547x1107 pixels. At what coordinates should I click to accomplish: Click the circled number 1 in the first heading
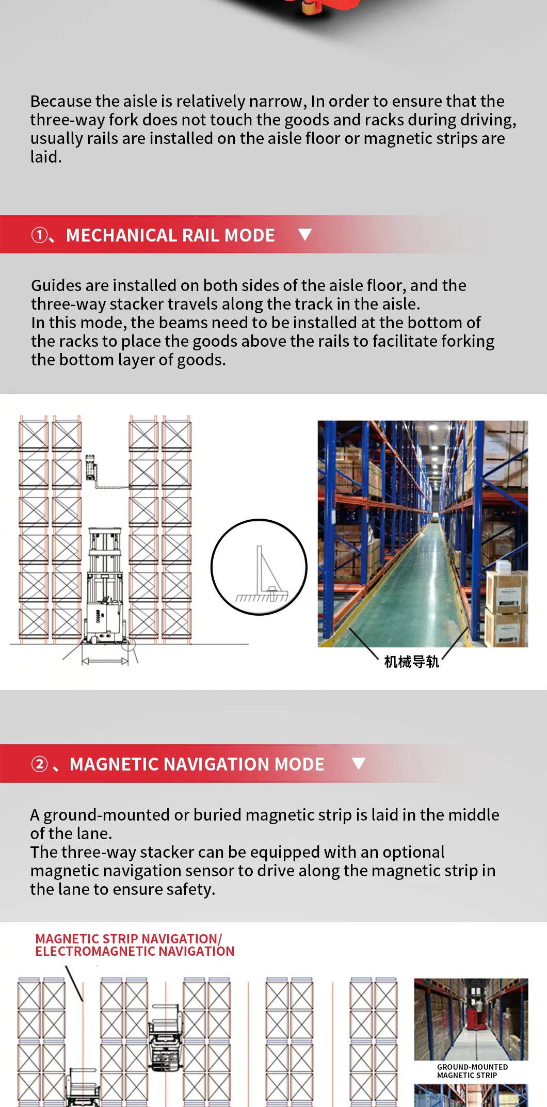pos(39,235)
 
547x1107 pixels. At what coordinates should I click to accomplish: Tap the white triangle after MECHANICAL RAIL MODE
pos(305,235)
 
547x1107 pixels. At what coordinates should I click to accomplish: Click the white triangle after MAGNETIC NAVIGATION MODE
pos(358,763)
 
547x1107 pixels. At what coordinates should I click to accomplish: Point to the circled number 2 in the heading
pos(39,764)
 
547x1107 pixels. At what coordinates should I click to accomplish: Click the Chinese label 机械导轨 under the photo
pos(411,662)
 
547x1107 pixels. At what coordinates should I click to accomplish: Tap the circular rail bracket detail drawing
pos(259,567)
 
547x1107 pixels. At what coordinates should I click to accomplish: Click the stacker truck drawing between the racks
pos(105,588)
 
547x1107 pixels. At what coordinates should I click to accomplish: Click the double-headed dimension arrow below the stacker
pos(105,661)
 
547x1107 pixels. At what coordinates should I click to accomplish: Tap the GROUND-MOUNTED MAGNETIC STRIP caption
pos(472,1071)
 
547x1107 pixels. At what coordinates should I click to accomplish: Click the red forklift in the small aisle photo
pos(474,1014)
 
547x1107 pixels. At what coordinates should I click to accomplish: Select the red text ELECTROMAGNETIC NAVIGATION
pos(135,951)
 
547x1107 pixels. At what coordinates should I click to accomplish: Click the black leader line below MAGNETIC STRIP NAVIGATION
pos(74,984)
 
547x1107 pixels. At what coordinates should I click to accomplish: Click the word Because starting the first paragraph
pos(61,101)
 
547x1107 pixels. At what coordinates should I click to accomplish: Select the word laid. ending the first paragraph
pos(45,157)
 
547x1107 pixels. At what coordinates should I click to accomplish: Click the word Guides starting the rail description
pos(56,285)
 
